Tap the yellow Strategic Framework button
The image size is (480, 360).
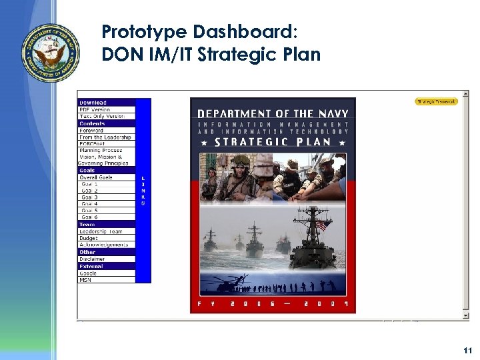437,101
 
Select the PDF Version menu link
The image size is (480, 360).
95,109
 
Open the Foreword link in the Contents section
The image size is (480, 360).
91,131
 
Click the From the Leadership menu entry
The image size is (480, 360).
105,137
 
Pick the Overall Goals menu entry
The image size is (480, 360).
97,177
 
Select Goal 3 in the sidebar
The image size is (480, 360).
89,197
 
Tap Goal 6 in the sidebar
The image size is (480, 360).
89,217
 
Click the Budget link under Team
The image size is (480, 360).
89,238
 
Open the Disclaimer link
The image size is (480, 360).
93,259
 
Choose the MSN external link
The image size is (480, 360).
85,280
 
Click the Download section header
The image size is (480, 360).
93,103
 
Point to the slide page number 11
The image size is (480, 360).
467,350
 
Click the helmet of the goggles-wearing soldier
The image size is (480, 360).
241,161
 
